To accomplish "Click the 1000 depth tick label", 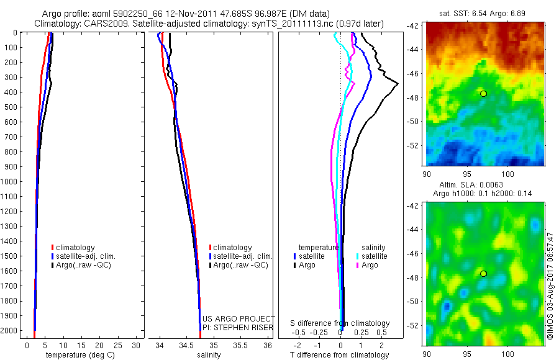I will [x=10, y=182].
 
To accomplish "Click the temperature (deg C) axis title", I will [x=78, y=355].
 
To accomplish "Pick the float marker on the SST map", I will [x=483, y=94].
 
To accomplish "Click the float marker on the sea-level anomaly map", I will [x=483, y=274].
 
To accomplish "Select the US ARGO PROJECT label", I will [x=239, y=318].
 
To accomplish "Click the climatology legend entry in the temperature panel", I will [x=76, y=248].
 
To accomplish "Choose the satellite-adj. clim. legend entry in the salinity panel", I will [x=242, y=256].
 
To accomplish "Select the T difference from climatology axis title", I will [x=339, y=355].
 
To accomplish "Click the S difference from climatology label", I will [x=340, y=323].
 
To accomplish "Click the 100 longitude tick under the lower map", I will [x=509, y=354].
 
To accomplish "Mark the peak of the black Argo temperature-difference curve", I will [x=398, y=83].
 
